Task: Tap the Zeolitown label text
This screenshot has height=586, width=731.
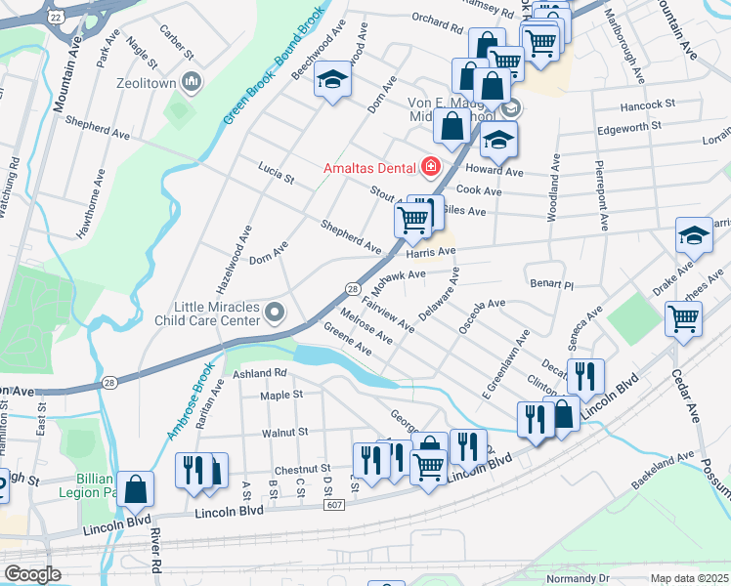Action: (x=146, y=83)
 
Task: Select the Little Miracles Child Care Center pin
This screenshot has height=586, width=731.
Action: (x=275, y=314)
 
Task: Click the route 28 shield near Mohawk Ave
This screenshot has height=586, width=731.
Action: (x=351, y=287)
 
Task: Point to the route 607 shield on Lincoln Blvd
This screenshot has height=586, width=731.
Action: (x=334, y=504)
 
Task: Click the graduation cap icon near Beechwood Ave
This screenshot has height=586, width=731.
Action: (x=332, y=80)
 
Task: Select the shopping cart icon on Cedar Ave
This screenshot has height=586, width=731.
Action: (x=683, y=317)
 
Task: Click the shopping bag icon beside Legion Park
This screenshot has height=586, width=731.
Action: (x=136, y=490)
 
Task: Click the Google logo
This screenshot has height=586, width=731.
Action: (x=32, y=573)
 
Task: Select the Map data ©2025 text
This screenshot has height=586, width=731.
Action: (x=689, y=578)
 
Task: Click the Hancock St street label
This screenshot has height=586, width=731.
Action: (x=650, y=103)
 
